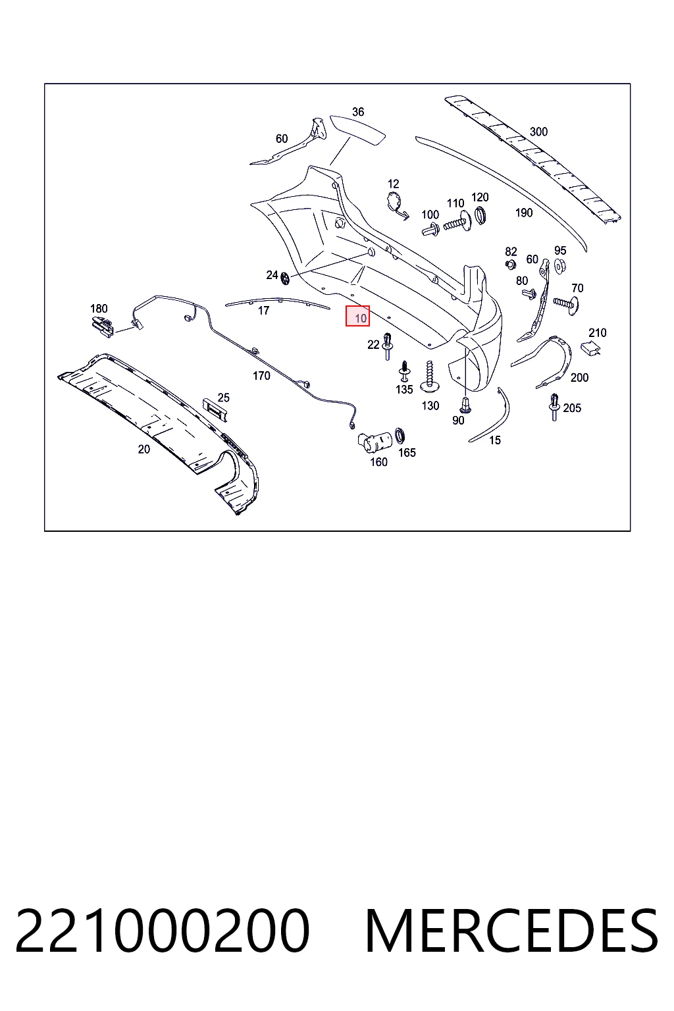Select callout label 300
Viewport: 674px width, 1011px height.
coord(538,132)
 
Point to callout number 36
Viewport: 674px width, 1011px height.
coord(358,111)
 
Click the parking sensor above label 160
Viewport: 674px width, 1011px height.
coord(374,442)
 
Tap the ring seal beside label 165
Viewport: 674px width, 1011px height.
coord(400,436)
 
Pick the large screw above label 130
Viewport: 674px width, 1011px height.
coord(429,376)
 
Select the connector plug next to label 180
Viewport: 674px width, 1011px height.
coord(103,326)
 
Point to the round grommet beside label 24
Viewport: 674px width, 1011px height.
coord(285,278)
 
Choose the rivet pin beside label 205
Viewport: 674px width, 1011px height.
coord(554,407)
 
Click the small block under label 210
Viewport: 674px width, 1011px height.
coord(589,348)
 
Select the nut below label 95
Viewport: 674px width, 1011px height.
coord(560,267)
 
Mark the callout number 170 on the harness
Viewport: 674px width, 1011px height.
coord(261,376)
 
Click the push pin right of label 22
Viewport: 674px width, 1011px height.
coord(387,346)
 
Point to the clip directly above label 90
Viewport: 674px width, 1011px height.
coord(465,405)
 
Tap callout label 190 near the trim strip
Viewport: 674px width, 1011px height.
coord(524,213)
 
